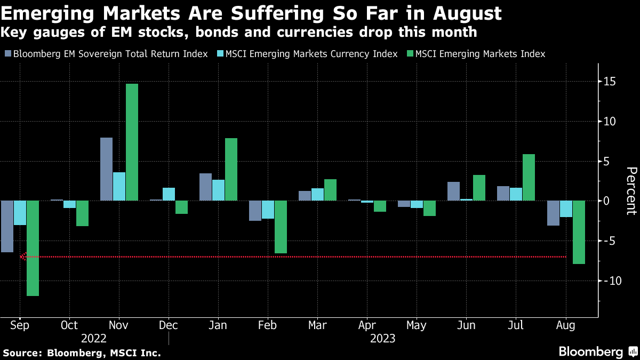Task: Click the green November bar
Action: (x=132, y=142)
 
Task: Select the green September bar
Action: (x=33, y=248)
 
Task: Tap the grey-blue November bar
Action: (x=107, y=169)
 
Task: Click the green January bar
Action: (x=231, y=170)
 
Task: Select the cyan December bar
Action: (x=169, y=194)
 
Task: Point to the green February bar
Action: (x=281, y=227)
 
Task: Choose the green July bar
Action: (x=529, y=178)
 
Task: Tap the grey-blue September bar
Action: (x=7, y=226)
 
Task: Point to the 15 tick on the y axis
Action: (x=610, y=82)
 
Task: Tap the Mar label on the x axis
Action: (x=317, y=325)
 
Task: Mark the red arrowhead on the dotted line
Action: (x=23, y=257)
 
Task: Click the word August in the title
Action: (x=459, y=13)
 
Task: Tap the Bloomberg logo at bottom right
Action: (x=597, y=351)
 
